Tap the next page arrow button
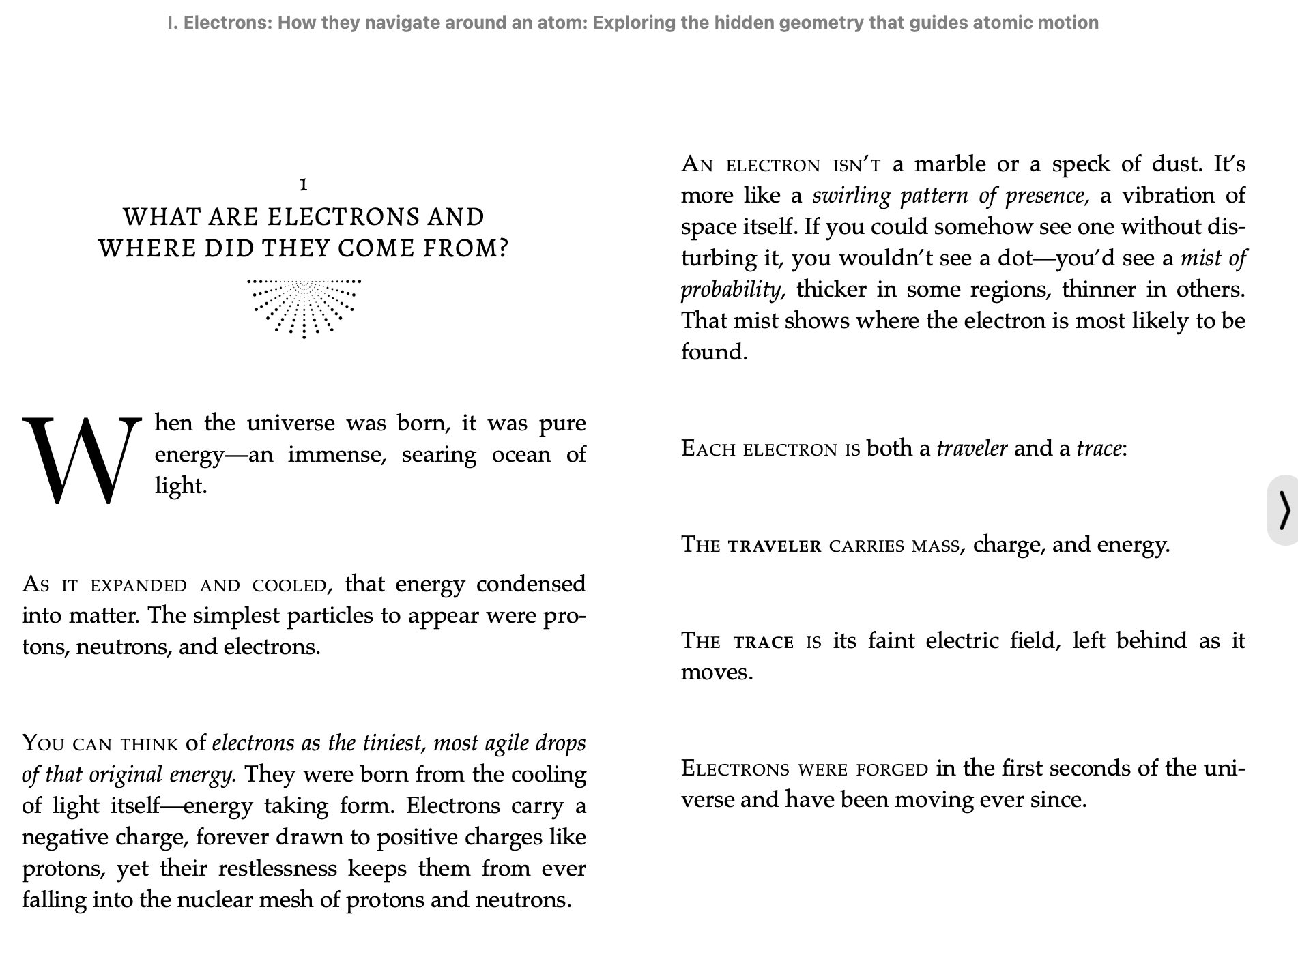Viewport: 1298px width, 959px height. [x=1284, y=510]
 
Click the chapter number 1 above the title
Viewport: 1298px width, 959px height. [x=304, y=184]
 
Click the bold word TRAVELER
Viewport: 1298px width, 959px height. [x=775, y=546]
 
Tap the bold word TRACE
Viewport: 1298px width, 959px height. [x=764, y=642]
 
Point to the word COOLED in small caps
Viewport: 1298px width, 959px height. [x=289, y=585]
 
